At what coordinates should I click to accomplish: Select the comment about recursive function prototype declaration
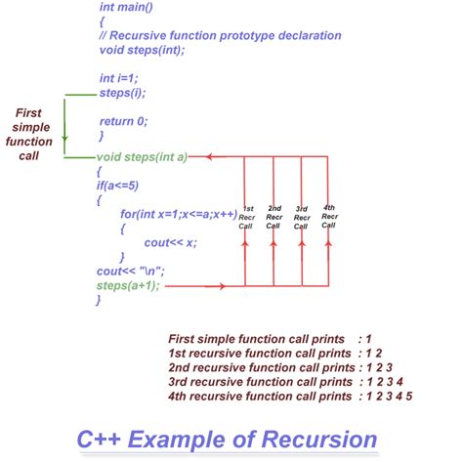(x=220, y=36)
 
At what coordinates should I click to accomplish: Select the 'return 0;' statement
(x=124, y=120)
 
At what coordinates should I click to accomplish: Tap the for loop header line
(x=179, y=213)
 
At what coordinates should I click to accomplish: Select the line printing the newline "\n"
(x=128, y=271)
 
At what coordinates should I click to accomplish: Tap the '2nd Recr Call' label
(x=274, y=216)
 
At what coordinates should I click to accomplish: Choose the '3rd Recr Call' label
(x=302, y=216)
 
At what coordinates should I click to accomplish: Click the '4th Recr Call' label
(x=329, y=216)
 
